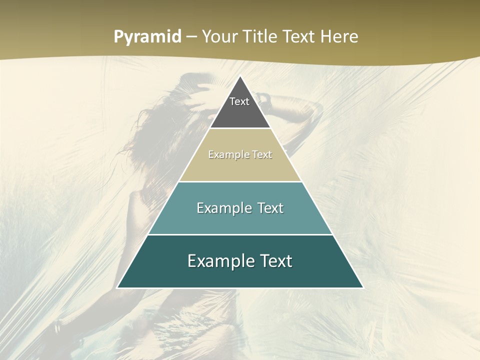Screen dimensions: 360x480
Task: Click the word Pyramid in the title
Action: click(147, 37)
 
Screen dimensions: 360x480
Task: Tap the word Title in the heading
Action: click(261, 37)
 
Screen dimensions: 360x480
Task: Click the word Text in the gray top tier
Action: click(239, 101)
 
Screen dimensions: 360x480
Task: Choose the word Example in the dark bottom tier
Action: click(218, 261)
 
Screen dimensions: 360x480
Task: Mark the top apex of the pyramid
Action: click(240, 76)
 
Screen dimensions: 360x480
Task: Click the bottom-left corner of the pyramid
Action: click(117, 287)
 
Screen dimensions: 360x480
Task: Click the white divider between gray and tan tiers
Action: click(240, 128)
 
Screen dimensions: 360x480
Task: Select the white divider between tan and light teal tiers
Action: click(240, 181)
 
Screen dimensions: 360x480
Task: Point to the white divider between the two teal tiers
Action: click(240, 234)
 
